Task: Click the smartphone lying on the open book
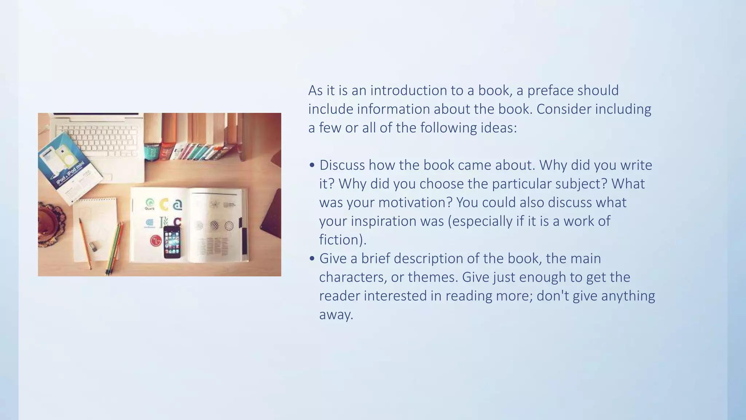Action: (172, 242)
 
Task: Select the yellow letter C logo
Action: (164, 205)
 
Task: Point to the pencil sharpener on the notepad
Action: (93, 247)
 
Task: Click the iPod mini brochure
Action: (69, 166)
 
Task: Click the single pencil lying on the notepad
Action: (85, 243)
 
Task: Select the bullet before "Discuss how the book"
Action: (312, 166)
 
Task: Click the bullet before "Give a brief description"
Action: (312, 259)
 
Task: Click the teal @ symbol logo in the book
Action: (177, 205)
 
